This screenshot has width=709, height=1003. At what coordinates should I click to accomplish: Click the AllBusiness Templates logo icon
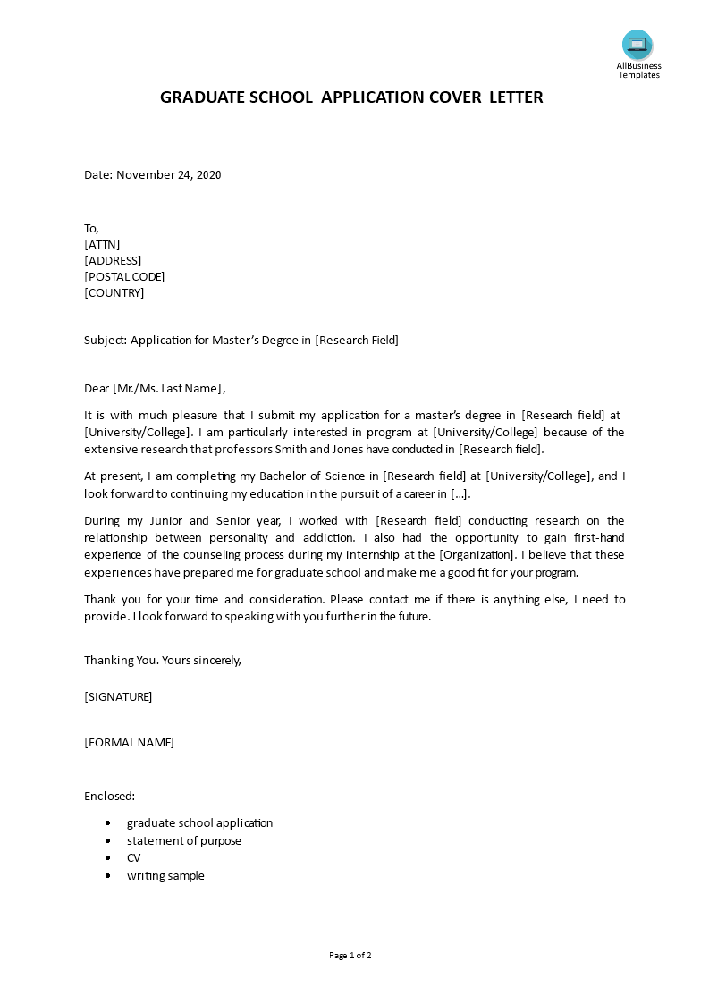click(x=637, y=45)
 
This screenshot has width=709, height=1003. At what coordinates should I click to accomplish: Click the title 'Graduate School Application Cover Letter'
click(x=351, y=97)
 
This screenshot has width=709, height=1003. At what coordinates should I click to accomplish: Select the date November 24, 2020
click(x=169, y=175)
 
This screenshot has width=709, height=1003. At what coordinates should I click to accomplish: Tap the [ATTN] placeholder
click(x=102, y=245)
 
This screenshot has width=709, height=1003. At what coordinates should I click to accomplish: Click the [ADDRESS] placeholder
click(x=113, y=261)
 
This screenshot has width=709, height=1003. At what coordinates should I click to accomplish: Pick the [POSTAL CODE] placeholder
click(x=124, y=277)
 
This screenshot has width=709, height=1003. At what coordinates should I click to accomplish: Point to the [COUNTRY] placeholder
click(x=114, y=293)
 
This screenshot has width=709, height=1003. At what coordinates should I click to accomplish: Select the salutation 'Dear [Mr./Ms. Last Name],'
click(x=155, y=389)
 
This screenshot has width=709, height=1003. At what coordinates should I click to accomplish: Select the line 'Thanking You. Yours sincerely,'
click(x=163, y=661)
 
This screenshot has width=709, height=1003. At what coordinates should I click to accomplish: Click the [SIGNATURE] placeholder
click(x=118, y=697)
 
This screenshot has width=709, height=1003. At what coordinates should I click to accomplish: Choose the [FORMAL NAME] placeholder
click(x=129, y=743)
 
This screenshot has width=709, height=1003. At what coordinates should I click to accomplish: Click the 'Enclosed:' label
click(x=109, y=796)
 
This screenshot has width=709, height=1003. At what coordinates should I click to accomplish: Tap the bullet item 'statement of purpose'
click(x=183, y=841)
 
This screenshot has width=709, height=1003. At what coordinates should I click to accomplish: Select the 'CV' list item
click(x=134, y=858)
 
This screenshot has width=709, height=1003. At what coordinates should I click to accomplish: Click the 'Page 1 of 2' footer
click(x=350, y=956)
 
